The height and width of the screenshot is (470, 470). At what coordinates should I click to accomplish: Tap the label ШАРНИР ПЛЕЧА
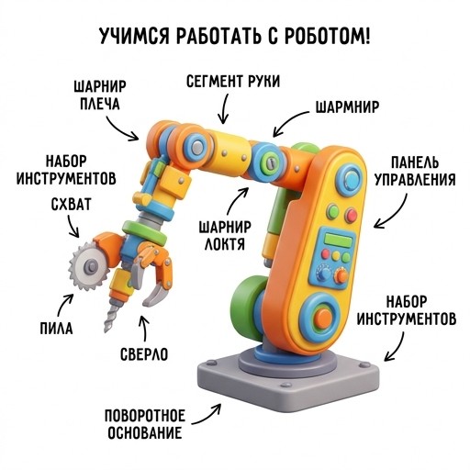(x=100, y=95)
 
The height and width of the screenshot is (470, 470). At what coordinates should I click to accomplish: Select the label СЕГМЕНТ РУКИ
(x=233, y=82)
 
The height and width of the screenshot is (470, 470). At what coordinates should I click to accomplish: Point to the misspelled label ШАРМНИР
(x=347, y=107)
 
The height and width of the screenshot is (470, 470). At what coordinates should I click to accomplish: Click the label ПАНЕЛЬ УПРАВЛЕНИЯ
(x=415, y=171)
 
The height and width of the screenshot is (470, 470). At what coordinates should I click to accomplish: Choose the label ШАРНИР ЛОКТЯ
(x=225, y=236)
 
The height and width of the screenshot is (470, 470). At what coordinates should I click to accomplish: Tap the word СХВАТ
(x=71, y=205)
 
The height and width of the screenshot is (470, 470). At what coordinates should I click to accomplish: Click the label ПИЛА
(x=57, y=329)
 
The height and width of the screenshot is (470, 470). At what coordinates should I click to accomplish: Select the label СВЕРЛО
(x=144, y=354)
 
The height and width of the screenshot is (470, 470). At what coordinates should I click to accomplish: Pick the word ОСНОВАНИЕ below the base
(x=145, y=433)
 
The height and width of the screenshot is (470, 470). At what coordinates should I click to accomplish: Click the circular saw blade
(x=89, y=265)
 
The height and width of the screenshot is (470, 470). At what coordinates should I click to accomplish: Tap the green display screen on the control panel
(x=338, y=240)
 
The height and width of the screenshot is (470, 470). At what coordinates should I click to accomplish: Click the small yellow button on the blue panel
(x=336, y=255)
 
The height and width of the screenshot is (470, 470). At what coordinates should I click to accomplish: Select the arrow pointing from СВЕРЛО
(x=144, y=329)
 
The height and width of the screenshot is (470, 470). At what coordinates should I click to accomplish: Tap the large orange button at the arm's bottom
(x=323, y=319)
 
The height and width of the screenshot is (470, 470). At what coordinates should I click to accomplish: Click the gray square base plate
(x=287, y=383)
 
